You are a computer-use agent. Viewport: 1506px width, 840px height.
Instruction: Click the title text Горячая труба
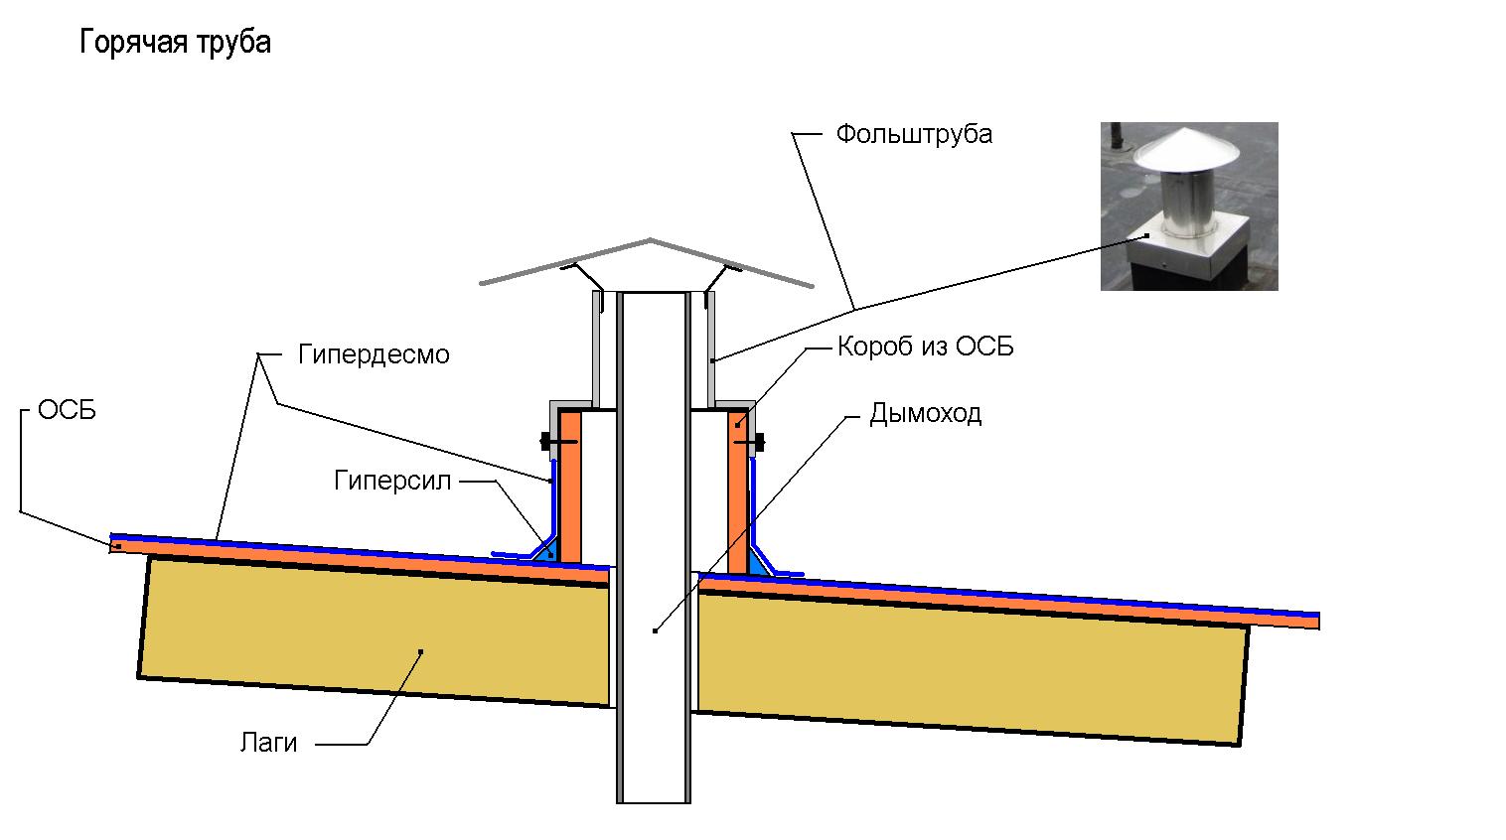(175, 43)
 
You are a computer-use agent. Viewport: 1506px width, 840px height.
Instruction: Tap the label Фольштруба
(913, 134)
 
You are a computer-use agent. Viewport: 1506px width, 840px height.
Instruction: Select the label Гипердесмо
(374, 354)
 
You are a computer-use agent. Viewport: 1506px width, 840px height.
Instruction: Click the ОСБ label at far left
(67, 410)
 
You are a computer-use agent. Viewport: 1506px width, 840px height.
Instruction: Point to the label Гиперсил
(392, 482)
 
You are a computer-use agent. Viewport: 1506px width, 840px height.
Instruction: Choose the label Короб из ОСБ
(925, 347)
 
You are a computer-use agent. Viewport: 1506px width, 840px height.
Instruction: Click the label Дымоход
(925, 413)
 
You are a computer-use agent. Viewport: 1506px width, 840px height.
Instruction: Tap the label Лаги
(268, 742)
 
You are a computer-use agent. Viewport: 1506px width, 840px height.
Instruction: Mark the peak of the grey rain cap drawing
(651, 240)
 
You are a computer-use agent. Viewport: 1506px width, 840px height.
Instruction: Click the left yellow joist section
(377, 630)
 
